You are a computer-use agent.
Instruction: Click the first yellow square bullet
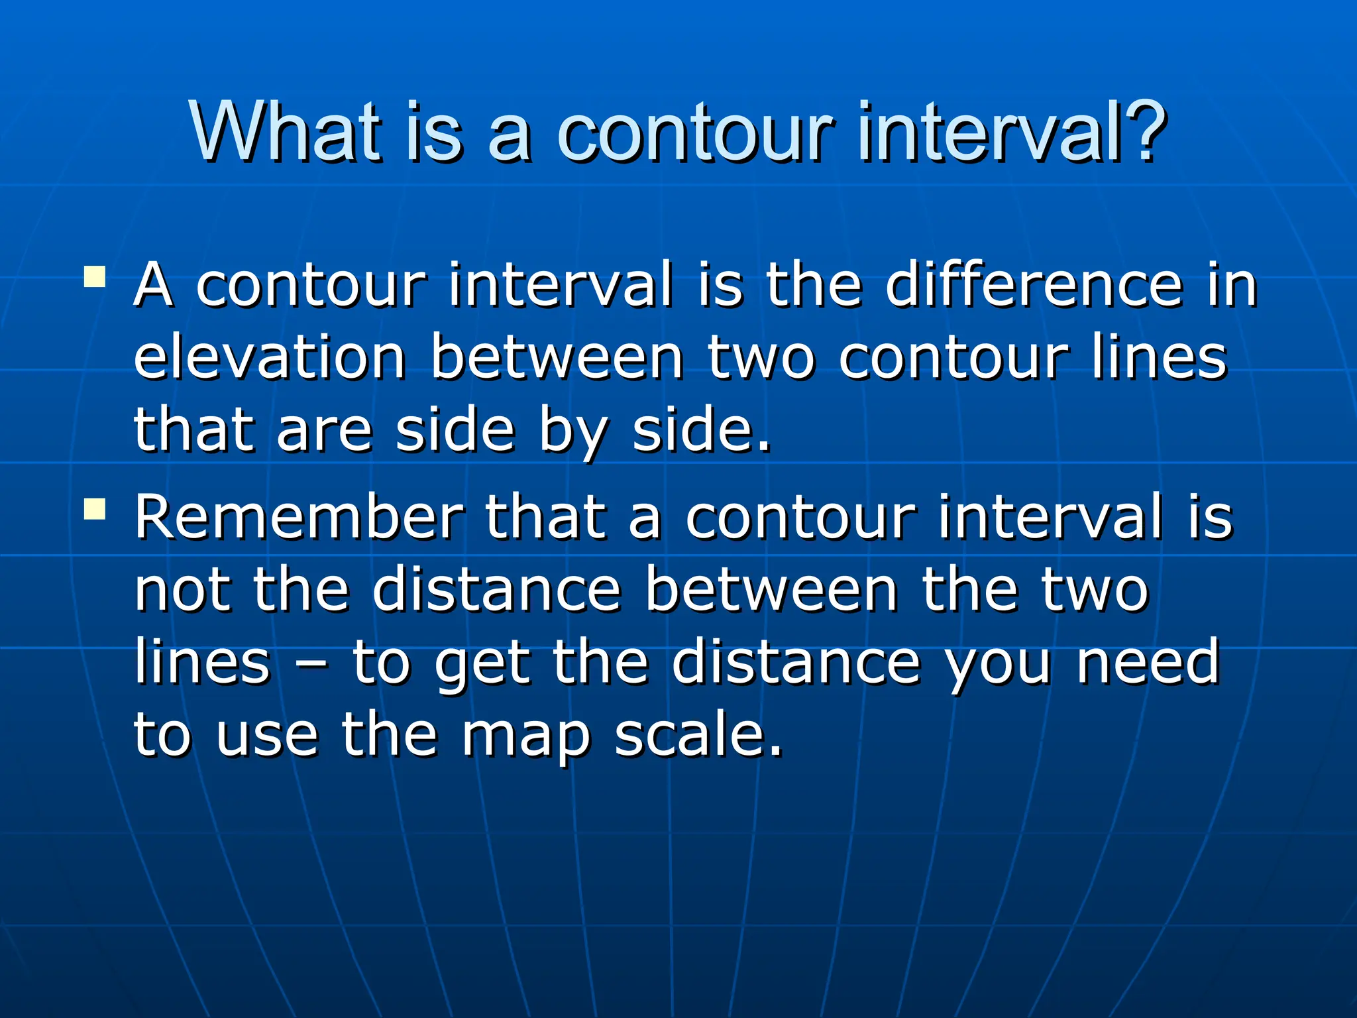(x=95, y=276)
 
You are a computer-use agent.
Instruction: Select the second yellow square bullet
(x=95, y=508)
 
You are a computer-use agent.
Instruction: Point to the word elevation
(x=270, y=358)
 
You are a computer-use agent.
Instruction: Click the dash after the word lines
(x=311, y=665)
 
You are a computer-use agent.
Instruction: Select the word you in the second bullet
(x=998, y=665)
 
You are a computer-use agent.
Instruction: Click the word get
(x=482, y=665)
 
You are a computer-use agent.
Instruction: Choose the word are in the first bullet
(x=325, y=432)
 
